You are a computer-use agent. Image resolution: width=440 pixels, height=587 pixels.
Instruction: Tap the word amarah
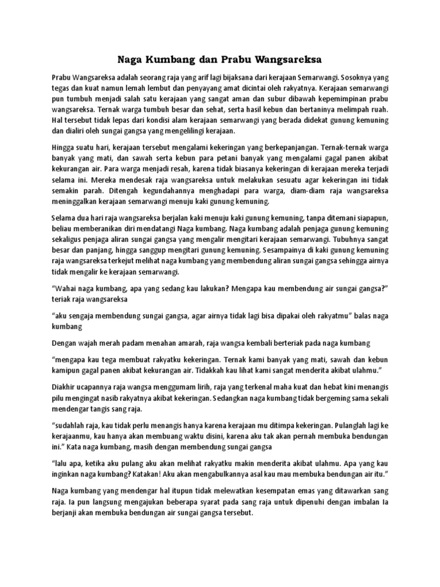click(198, 343)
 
